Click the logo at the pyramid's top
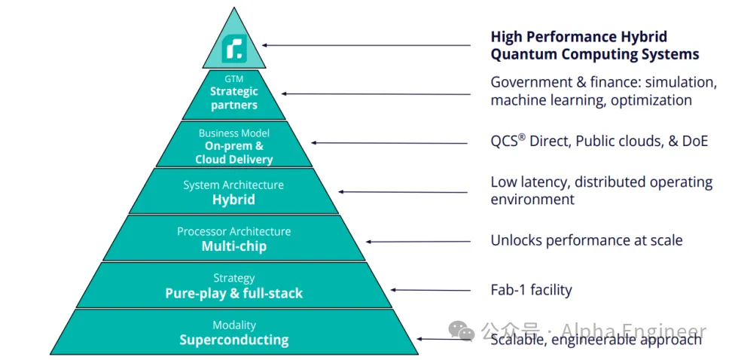click(233, 50)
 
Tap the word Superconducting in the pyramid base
click(233, 340)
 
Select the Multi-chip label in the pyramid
click(233, 246)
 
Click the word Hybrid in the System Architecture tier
click(233, 200)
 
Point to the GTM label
click(233, 78)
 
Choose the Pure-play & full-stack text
click(233, 293)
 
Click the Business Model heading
click(233, 133)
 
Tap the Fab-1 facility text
click(531, 289)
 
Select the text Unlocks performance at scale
click(586, 240)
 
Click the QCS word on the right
click(503, 141)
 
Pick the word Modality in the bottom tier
click(233, 325)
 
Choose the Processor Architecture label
click(233, 231)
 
